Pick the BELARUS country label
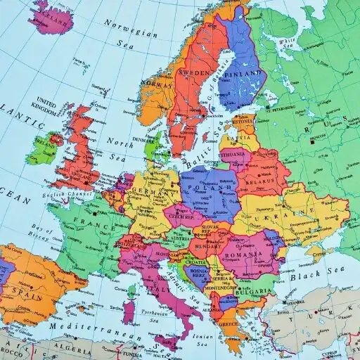[x=262, y=179]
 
